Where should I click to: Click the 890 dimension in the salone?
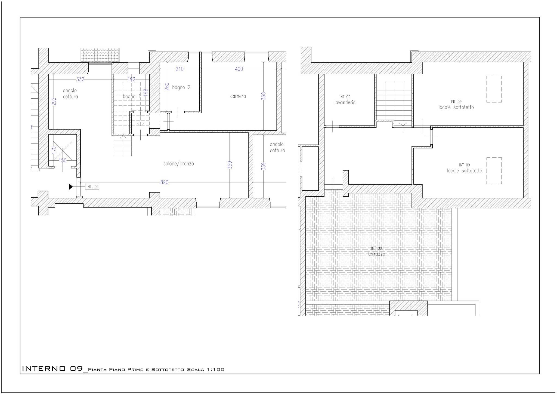tap(164, 182)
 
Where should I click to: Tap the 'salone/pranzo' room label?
tap(178, 164)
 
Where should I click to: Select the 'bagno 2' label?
tap(181, 87)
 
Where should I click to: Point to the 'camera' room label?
tap(238, 96)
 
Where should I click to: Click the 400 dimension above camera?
tap(239, 69)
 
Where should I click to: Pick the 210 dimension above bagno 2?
tap(180, 69)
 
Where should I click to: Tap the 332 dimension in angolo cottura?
tap(80, 79)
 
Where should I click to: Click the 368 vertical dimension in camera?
tap(263, 96)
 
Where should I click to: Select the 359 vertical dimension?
tap(230, 165)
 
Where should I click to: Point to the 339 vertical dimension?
tap(263, 166)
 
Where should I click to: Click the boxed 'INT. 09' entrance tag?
tap(92, 187)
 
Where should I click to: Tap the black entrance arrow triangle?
tap(71, 187)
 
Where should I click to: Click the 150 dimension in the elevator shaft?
tap(63, 160)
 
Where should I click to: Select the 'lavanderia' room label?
tap(345, 103)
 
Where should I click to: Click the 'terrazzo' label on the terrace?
tap(376, 254)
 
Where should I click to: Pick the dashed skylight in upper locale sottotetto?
tap(494, 89)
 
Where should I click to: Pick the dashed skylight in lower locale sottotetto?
tap(494, 171)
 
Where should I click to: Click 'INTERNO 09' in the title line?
tap(52, 369)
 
